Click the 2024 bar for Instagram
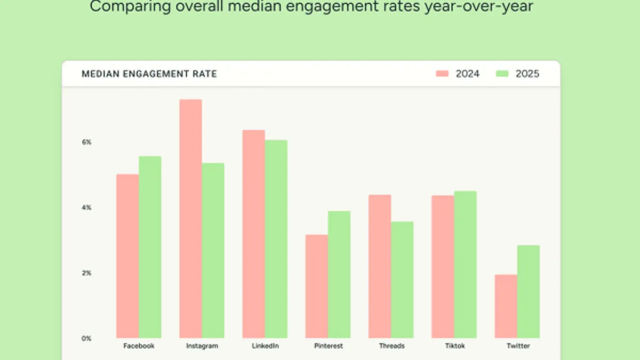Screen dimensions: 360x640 pos(190,219)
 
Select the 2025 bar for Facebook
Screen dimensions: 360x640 pos(150,247)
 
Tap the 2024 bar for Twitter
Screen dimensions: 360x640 pos(506,306)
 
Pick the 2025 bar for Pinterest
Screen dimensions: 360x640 pos(339,274)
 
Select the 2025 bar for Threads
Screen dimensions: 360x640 pos(402,279)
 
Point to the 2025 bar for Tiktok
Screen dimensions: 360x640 pos(465,264)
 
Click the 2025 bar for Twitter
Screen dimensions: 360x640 pos(528,291)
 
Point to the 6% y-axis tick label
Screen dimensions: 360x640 pos(86,142)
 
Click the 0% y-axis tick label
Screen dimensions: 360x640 pos(86,338)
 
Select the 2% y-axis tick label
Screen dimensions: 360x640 pos(86,273)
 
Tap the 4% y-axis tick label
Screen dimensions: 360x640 pos(86,207)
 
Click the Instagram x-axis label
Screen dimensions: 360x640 pos(202,346)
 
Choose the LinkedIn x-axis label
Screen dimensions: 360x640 pos(265,346)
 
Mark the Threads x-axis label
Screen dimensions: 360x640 pos(391,346)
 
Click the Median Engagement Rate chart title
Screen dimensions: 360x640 pos(149,74)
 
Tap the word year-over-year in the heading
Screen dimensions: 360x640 pos(477,7)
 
